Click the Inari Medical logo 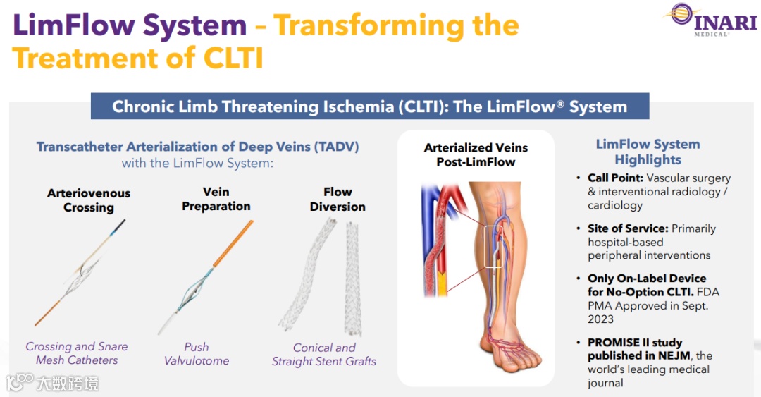point(711,19)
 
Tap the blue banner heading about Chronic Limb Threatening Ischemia point(369,107)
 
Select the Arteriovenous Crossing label point(89,200)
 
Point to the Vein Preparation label point(216,199)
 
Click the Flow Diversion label point(338,200)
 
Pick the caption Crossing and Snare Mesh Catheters point(77,353)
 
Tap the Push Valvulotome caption point(197,354)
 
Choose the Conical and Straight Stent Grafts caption point(324,355)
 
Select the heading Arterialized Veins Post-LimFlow point(476,155)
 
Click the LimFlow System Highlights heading point(648,152)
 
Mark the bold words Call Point point(615,178)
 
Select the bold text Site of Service point(628,229)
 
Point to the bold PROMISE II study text point(635,343)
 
